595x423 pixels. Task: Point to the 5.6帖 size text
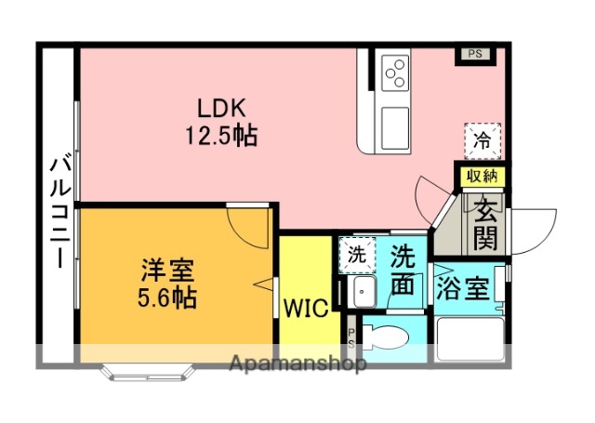pos(168,298)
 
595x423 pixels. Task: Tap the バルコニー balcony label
pos(58,211)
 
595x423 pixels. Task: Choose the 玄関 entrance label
pos(484,226)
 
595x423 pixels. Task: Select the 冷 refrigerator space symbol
pos(482,141)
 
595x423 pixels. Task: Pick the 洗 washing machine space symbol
pos(357,253)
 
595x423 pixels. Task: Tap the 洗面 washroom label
pos(403,270)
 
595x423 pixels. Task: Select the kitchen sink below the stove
pos(395,124)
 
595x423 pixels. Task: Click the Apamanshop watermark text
pos(297,364)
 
